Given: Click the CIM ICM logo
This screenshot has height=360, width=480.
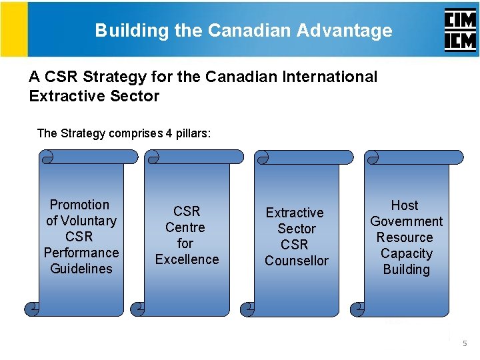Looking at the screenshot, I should point(460,31).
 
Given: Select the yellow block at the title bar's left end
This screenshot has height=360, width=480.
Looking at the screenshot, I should point(14,29).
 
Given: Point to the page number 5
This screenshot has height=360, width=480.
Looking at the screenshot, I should point(465,343).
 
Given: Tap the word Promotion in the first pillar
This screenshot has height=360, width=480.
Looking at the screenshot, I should point(79,205).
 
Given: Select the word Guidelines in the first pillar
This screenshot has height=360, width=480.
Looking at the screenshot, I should point(81,269).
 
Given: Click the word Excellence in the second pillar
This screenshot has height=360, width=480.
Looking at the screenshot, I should point(187,259).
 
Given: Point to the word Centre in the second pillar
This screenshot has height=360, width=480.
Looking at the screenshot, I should point(185,227).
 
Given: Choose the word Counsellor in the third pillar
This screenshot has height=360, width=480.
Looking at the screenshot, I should point(297,261).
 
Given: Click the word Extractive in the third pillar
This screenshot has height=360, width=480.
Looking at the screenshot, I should point(295,213).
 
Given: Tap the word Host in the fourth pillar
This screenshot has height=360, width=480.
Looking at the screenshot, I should point(405,205).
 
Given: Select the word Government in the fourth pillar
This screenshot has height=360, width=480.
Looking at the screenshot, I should point(406,221).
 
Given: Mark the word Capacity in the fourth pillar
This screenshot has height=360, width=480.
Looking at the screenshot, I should point(406,253).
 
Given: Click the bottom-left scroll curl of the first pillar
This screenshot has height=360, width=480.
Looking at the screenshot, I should point(31,309).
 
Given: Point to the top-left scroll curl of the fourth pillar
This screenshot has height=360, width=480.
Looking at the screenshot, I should point(373,157).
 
